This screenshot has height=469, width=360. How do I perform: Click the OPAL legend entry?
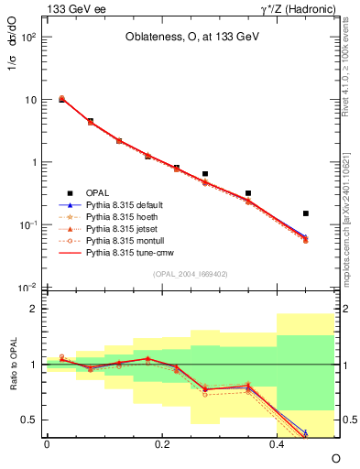pyautogui.click(x=97, y=192)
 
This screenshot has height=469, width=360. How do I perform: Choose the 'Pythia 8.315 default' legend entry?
pyautogui.click(x=125, y=204)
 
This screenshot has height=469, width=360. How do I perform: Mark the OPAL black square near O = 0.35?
pyautogui.click(x=248, y=193)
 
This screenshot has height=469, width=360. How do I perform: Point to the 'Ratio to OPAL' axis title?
pyautogui.click(x=12, y=364)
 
